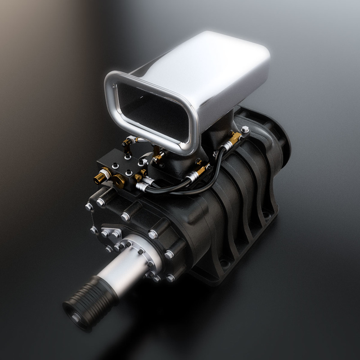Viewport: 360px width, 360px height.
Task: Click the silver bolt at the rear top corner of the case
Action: tap(244, 130)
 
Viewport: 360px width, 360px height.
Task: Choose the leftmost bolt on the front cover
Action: tap(89, 207)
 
